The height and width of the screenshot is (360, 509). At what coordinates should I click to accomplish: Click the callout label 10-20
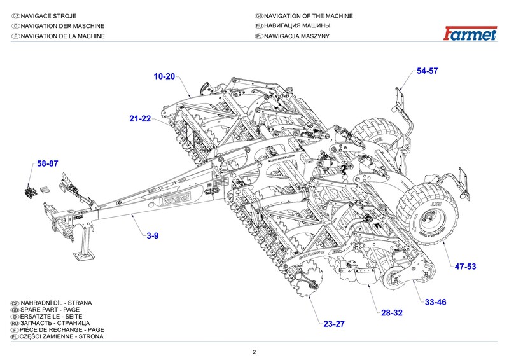[x=164, y=76]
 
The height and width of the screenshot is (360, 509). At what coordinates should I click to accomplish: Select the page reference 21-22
[x=140, y=119]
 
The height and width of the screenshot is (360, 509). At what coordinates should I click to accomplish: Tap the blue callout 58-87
[x=48, y=163]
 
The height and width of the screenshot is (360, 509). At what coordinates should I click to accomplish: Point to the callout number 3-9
[x=153, y=236]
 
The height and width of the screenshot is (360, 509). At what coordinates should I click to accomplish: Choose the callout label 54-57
[x=428, y=71]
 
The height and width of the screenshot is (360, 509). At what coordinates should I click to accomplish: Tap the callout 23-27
[x=334, y=324]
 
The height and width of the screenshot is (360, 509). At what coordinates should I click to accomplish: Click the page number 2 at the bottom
[x=254, y=352]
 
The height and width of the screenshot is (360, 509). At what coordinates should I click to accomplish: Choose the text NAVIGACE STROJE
[x=53, y=16]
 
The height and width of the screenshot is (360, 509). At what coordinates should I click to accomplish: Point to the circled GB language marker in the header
[x=258, y=16]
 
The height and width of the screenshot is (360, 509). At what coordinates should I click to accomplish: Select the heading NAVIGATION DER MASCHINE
[x=62, y=26]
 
